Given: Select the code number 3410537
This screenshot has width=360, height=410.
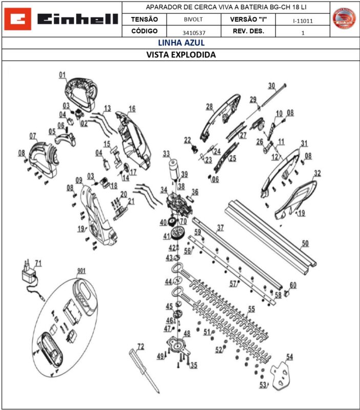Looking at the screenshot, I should coord(194,32).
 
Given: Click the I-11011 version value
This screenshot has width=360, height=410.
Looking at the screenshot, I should coord(303,21).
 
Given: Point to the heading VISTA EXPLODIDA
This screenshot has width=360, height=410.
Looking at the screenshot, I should coord(181,54).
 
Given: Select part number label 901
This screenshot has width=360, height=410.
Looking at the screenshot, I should coord(81,270).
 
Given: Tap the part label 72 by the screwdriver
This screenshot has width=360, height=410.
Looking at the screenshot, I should coord(140,346).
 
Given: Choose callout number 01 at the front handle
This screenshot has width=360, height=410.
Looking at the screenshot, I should coord(62,75).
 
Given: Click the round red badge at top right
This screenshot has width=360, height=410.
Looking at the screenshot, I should coord(345,19).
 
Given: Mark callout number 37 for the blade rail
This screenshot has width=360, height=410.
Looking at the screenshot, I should coord(220,227).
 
